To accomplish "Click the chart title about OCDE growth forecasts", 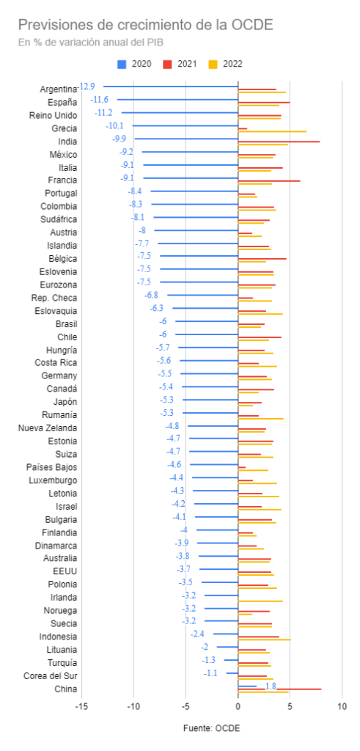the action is point(145,25).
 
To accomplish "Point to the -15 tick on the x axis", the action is point(81,706).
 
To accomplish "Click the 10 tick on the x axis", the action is point(342,706).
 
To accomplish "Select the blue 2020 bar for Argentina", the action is point(171,87).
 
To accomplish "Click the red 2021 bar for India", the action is point(279,142).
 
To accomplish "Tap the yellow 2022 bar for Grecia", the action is point(273,131).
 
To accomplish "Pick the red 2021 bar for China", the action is point(280,689).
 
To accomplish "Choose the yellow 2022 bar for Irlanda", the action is point(260,601).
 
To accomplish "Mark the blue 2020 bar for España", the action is point(177,99).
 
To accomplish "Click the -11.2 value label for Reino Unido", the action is point(103,113).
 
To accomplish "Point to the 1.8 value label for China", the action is point(271,686).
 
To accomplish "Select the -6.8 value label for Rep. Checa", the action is point(151,295).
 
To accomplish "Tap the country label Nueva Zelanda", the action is point(48,428).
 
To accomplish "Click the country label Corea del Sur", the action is point(51,676).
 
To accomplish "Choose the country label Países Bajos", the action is point(53,467).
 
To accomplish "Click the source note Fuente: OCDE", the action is point(212,728).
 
